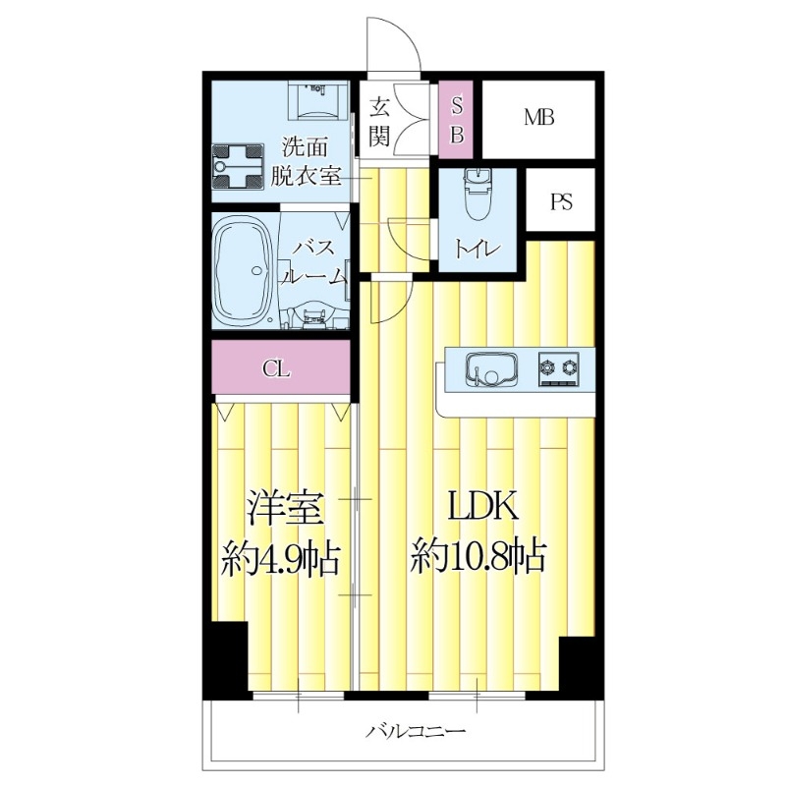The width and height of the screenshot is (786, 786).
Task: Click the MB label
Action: point(538,118)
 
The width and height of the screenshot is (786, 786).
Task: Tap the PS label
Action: point(561,202)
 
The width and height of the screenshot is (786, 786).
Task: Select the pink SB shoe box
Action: point(457,119)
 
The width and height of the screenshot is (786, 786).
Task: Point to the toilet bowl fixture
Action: point(477,196)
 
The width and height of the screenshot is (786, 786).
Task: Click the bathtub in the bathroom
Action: point(243,272)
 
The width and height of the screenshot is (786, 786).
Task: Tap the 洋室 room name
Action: point(281,510)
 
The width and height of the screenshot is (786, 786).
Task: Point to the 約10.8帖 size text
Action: point(478,558)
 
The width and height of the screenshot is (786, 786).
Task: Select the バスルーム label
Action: point(314,261)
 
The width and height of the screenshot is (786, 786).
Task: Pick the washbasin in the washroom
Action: point(317,98)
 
